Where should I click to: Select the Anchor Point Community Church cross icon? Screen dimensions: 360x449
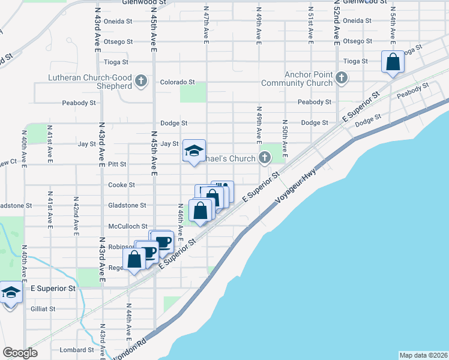pos(342,77)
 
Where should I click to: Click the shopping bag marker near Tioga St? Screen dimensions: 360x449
pos(393,62)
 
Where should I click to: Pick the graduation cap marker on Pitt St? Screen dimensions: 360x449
pos(194,151)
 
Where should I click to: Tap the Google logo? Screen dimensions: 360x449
pos(20,353)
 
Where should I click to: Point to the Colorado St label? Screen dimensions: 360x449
pos(177,82)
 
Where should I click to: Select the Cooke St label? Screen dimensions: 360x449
pos(122,185)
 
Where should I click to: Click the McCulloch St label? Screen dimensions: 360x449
pos(127,226)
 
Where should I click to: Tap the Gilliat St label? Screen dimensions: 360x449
pos(43,309)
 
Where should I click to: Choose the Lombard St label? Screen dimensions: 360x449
pos(82,350)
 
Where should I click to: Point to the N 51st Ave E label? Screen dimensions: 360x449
pos(311,26)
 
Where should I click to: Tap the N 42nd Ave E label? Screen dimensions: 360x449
pos(76,212)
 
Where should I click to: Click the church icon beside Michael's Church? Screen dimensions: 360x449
pos(264,158)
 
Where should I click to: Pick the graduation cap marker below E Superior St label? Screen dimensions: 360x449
pos(10,293)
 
